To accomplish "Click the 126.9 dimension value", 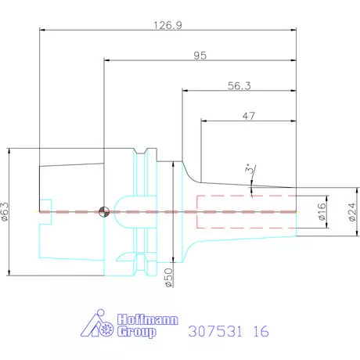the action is (167, 25).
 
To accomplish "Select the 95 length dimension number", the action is (200, 56).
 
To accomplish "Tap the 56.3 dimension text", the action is (239, 86).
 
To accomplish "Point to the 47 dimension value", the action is (248, 116).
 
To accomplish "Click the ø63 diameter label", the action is (5, 211).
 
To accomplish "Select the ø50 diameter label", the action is (169, 278).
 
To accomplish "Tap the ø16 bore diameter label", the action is (322, 211).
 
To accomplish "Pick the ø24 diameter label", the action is (352, 212).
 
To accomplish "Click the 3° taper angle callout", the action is (250, 168).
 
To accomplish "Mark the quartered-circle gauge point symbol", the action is (104, 211).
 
